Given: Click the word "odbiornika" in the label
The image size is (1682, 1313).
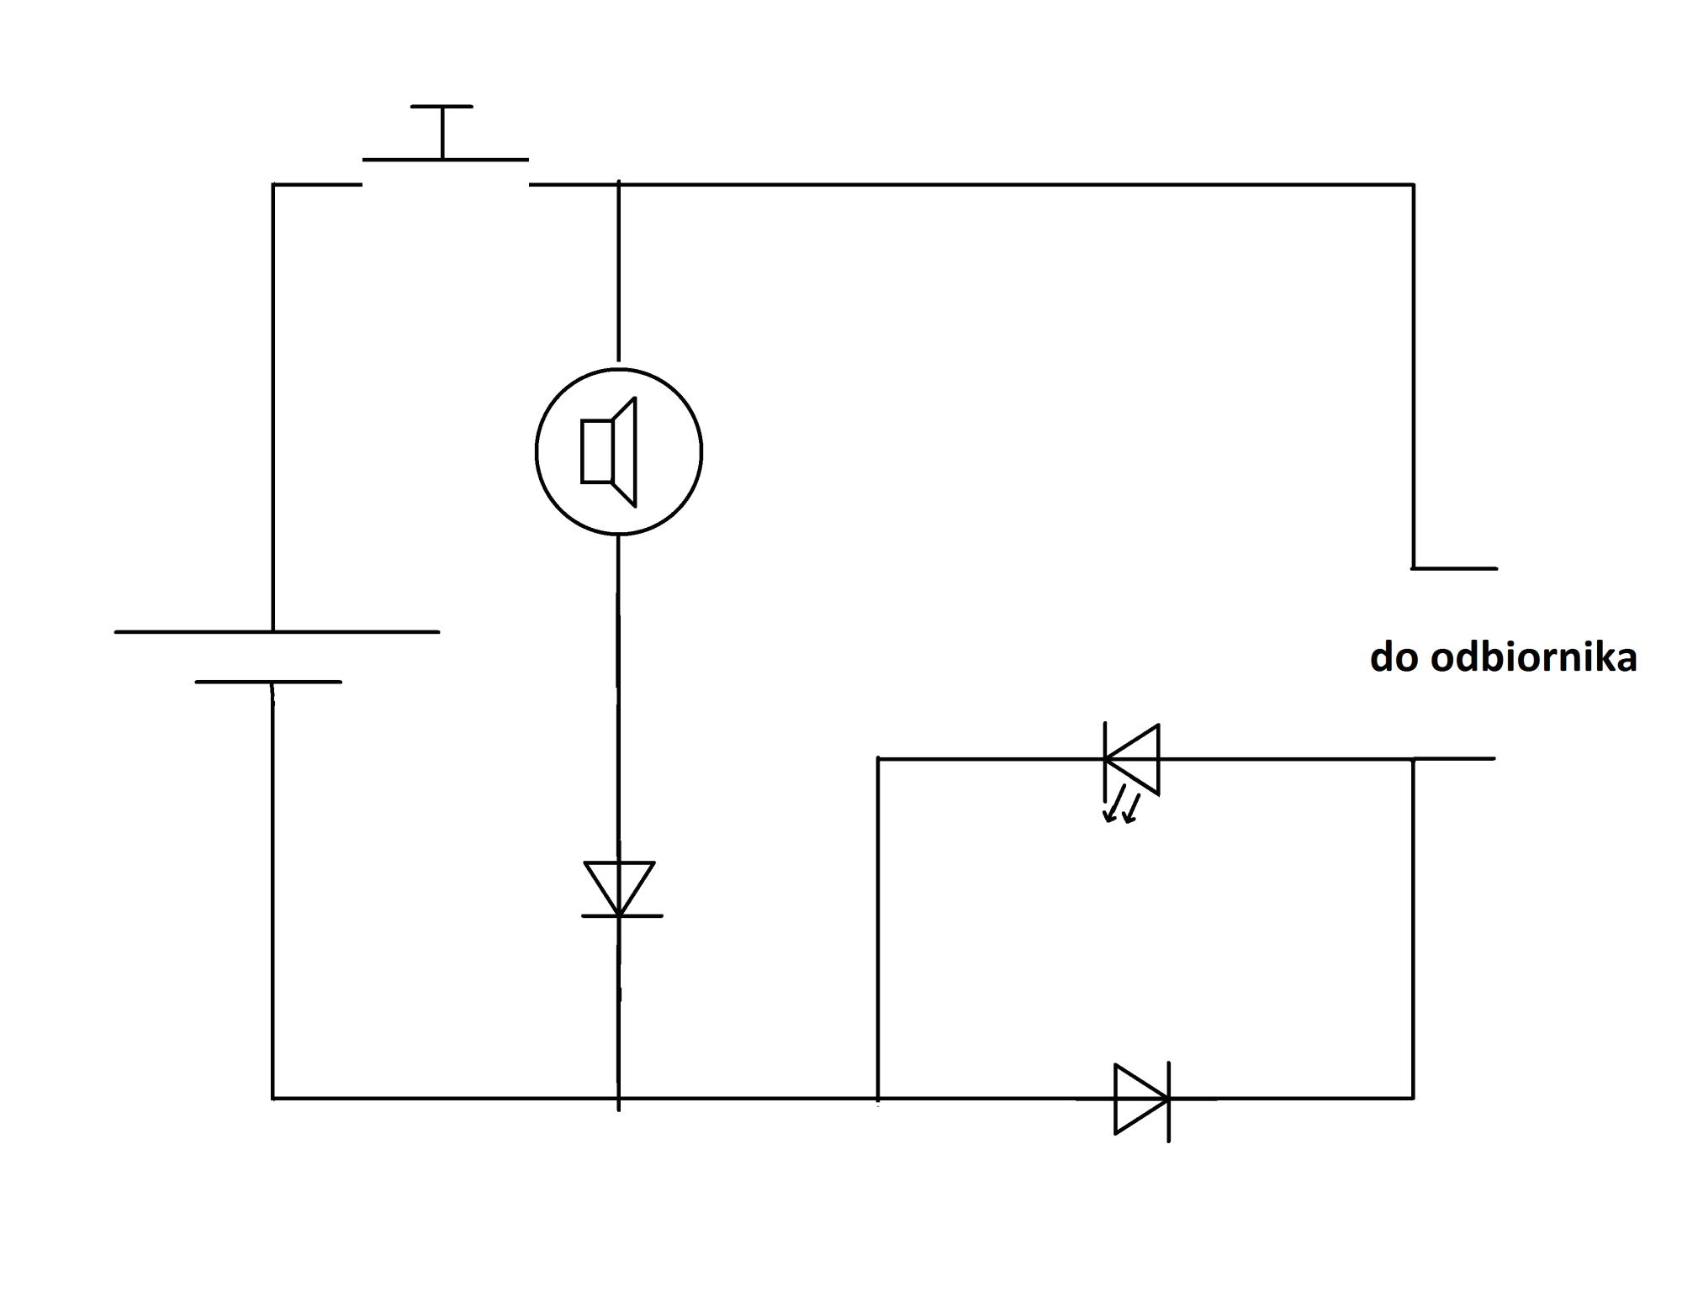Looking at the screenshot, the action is pyautogui.click(x=1533, y=657).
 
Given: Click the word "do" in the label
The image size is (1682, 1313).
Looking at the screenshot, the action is pyautogui.click(x=1395, y=657).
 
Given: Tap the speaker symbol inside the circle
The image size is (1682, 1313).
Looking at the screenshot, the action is pyautogui.click(x=609, y=451).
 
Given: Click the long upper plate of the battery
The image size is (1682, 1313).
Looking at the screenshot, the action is pyautogui.click(x=277, y=631).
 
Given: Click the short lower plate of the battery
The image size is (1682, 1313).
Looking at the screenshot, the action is pyautogui.click(x=268, y=682).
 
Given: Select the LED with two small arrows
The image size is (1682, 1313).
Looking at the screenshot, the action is pyautogui.click(x=1131, y=759).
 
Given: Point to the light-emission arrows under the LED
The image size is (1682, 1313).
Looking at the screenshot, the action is pyautogui.click(x=1122, y=804).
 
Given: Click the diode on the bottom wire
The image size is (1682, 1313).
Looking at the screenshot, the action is pyautogui.click(x=1142, y=1099).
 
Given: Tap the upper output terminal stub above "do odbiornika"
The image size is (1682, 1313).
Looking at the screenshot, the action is pyautogui.click(x=1455, y=568).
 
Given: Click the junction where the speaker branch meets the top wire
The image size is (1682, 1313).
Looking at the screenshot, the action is pyautogui.click(x=619, y=184).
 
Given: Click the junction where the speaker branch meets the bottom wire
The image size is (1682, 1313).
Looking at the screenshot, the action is pyautogui.click(x=619, y=1098).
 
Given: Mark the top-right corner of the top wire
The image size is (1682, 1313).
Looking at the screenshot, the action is pyautogui.click(x=1413, y=184).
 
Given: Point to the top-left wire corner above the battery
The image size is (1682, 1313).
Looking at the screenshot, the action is pyautogui.click(x=273, y=184).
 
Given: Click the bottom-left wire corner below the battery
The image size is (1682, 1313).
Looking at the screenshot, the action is pyautogui.click(x=273, y=1098).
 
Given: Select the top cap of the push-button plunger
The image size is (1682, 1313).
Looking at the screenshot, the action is pyautogui.click(x=442, y=107).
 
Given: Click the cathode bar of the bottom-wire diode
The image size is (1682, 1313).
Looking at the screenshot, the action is pyautogui.click(x=1169, y=1102).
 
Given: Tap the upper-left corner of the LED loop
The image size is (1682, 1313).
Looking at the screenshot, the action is pyautogui.click(x=878, y=759).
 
